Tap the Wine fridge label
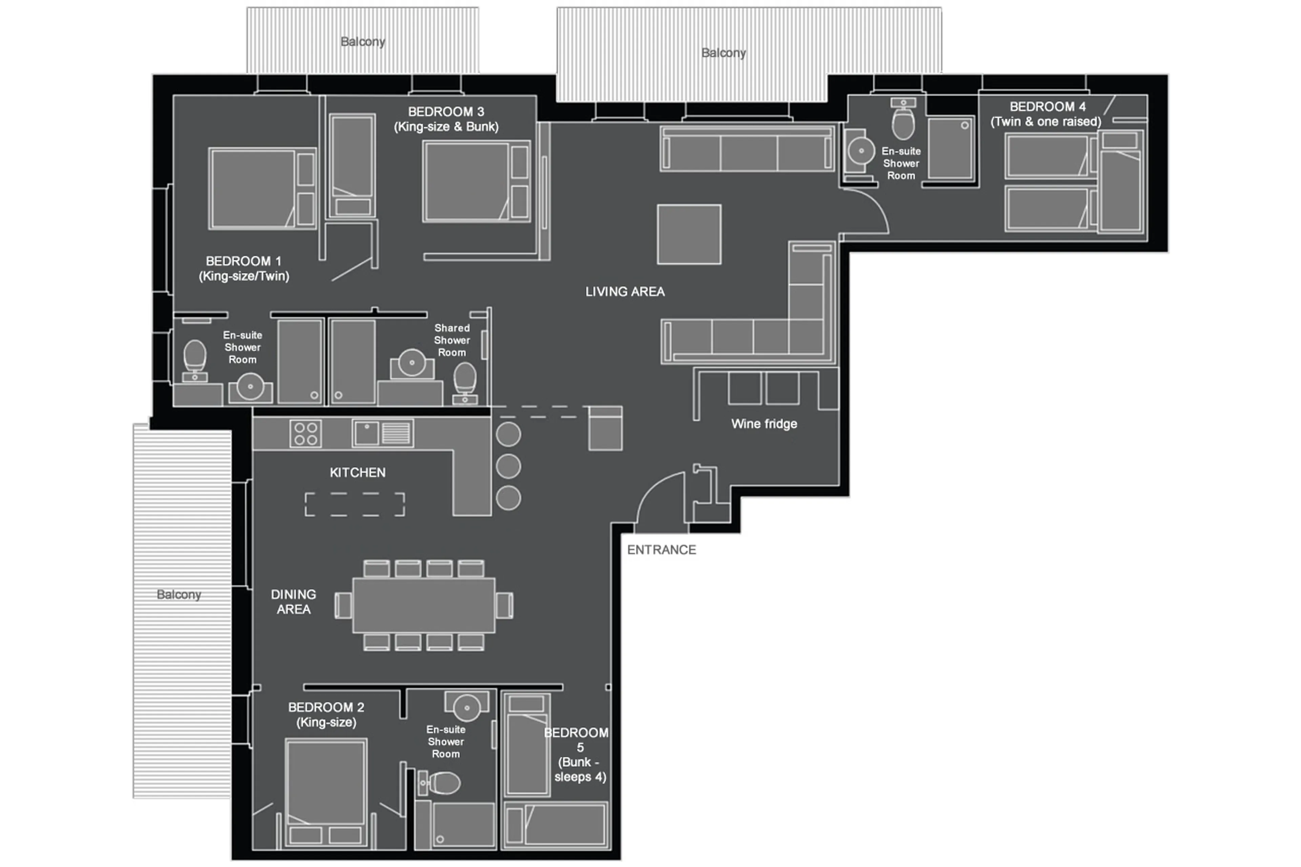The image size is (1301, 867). [764, 424]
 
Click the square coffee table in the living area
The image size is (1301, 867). [688, 234]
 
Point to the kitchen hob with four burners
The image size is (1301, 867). [305, 434]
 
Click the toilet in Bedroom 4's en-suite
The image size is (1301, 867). [903, 122]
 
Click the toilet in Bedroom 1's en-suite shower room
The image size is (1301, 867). [194, 357]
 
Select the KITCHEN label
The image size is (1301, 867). [357, 473]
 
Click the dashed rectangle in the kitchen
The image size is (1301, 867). [354, 504]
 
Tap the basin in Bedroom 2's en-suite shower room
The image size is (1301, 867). [467, 707]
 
